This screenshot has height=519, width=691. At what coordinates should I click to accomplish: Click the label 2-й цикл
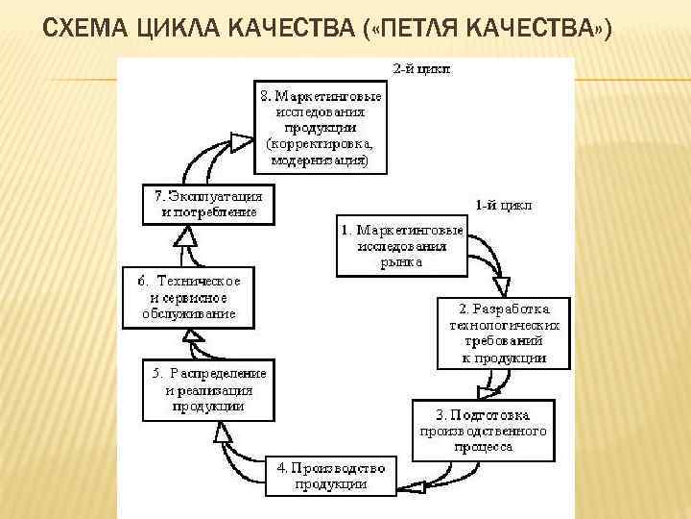pyautogui.click(x=421, y=69)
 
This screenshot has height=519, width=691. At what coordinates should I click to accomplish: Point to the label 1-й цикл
pyautogui.click(x=503, y=205)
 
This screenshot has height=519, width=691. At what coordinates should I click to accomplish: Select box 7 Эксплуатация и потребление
pyautogui.click(x=207, y=204)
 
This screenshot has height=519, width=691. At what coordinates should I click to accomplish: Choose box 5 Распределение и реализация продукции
pyautogui.click(x=207, y=389)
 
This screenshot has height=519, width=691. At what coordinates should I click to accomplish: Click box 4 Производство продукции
pyautogui.click(x=330, y=476)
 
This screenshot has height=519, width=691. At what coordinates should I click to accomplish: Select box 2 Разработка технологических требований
pyautogui.click(x=504, y=333)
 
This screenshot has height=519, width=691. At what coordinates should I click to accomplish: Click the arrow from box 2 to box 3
pyautogui.click(x=492, y=382)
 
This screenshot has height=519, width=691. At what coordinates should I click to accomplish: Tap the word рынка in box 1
pyautogui.click(x=400, y=261)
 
